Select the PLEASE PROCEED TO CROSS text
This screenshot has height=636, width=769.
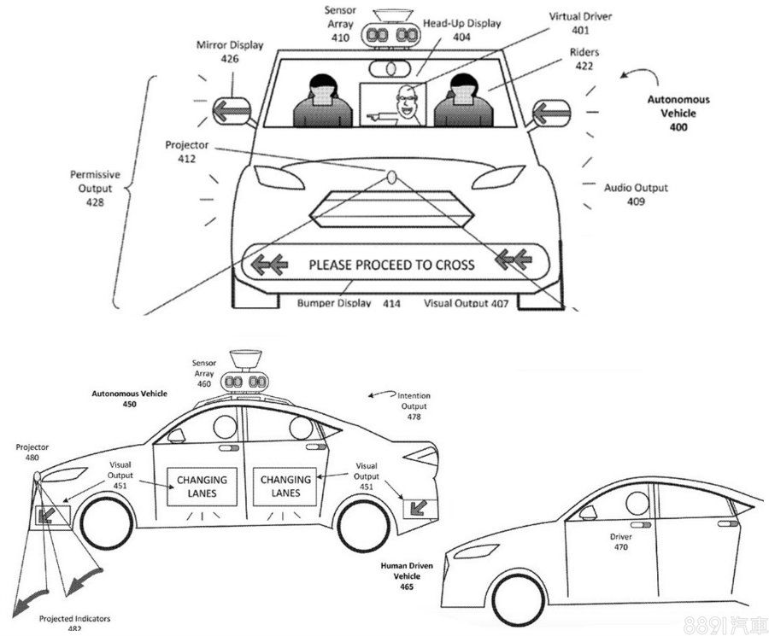click(391, 265)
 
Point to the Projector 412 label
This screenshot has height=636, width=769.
click(186, 152)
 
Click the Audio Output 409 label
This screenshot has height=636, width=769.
click(636, 195)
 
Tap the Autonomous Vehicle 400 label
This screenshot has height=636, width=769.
click(678, 113)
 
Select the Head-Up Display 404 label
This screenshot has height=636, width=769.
click(462, 30)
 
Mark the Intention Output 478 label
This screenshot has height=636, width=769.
click(414, 406)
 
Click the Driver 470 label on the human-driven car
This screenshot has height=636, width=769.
click(621, 542)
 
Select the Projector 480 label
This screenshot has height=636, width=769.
click(32, 452)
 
